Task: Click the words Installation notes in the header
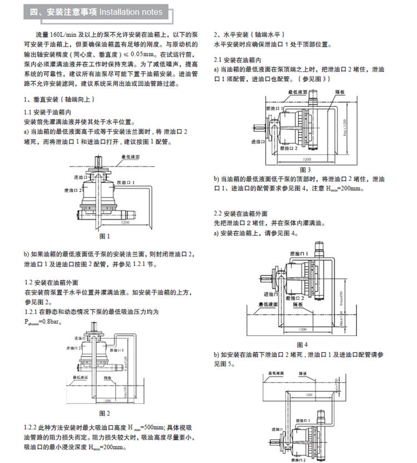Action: tap(131, 12)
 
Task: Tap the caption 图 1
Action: tap(105, 236)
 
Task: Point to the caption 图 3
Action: tap(305, 169)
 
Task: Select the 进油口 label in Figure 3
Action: tap(260, 142)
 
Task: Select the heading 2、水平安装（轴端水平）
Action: tap(253, 34)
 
